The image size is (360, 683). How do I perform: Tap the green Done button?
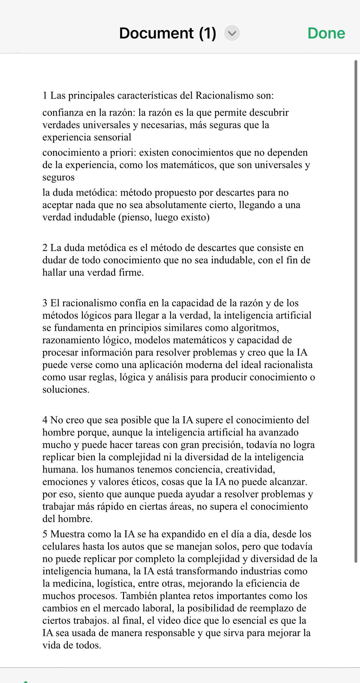pyautogui.click(x=326, y=33)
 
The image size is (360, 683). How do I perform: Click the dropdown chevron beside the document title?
pyautogui.click(x=232, y=33)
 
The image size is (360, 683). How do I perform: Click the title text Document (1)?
pyautogui.click(x=168, y=33)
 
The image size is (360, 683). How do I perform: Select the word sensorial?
pyautogui.click(x=113, y=137)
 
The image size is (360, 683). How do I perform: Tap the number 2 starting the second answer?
pyautogui.click(x=45, y=248)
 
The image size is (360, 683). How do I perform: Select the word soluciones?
pyautogui.click(x=66, y=390)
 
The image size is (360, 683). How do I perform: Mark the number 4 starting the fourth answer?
pyautogui.click(x=45, y=420)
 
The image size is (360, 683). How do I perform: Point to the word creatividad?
pyautogui.click(x=251, y=469)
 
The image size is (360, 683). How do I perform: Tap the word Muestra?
pyautogui.click(x=67, y=534)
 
